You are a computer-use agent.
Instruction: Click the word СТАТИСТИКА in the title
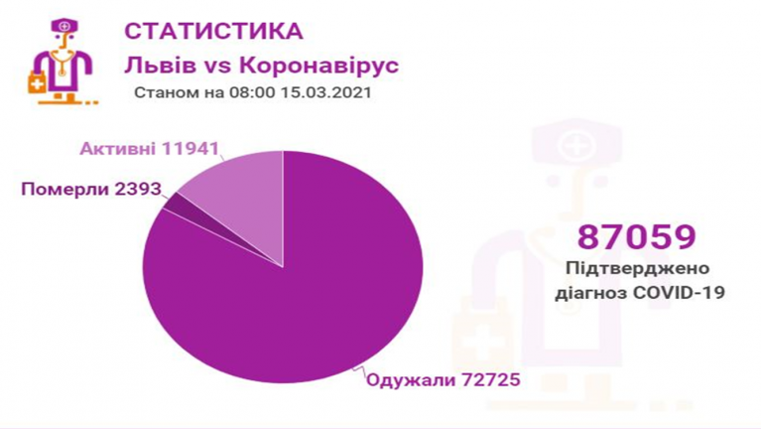pyautogui.click(x=213, y=31)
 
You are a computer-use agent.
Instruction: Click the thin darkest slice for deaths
pyautogui.click(x=176, y=202)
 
